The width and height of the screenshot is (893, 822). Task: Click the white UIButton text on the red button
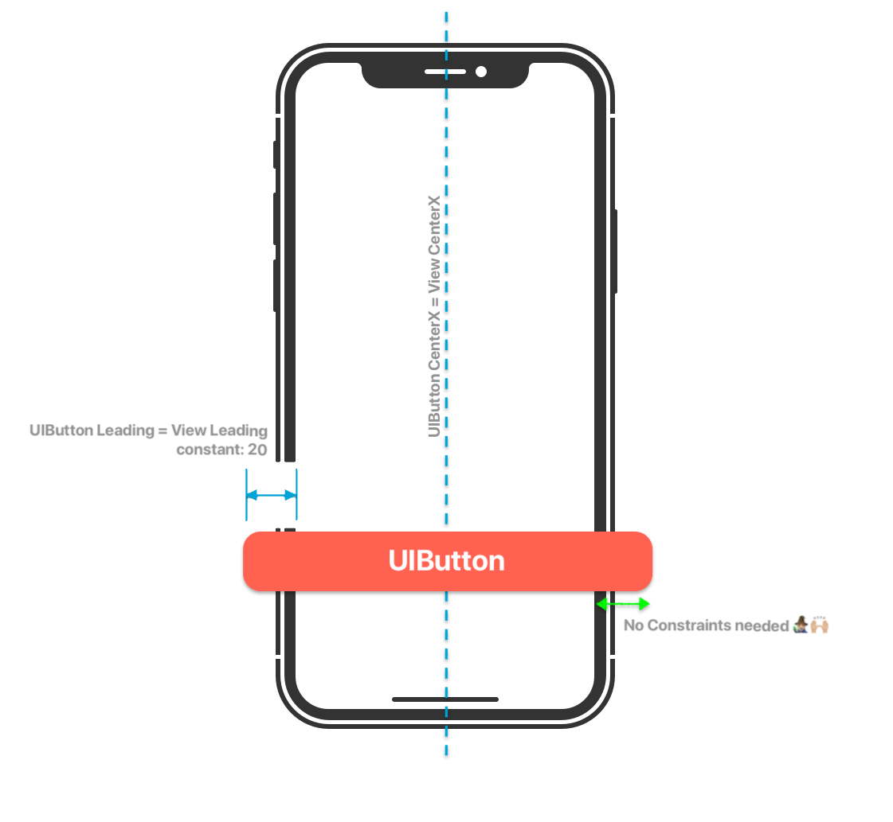446,561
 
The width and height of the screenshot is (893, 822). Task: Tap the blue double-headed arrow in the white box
271,495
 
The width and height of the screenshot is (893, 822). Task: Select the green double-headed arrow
624,604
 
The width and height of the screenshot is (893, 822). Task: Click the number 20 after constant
258,449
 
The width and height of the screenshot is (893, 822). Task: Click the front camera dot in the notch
481,72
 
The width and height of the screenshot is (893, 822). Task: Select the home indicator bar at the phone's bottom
445,699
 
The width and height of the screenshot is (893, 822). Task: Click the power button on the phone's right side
616,251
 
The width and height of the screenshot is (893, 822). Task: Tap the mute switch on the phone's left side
275,154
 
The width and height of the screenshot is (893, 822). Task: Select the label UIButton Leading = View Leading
148,431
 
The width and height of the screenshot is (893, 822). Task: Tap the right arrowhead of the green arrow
644,604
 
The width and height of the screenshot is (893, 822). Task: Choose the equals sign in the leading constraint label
163,431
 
